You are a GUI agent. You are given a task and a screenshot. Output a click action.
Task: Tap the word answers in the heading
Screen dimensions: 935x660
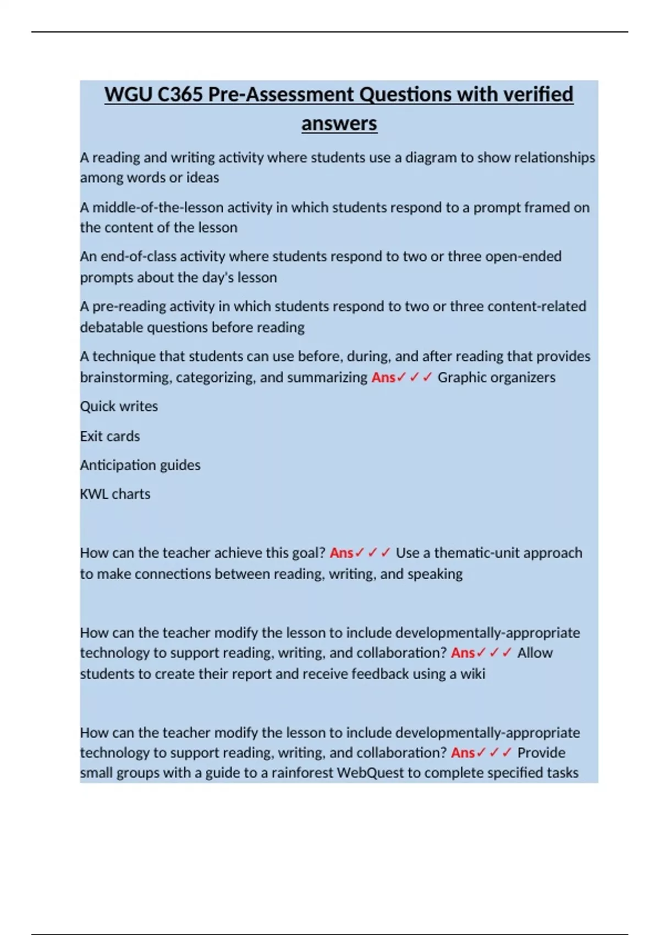click(339, 123)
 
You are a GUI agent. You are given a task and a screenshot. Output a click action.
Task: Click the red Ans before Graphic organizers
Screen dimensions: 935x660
click(383, 377)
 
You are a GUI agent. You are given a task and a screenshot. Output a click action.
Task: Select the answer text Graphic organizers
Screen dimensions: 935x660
click(496, 377)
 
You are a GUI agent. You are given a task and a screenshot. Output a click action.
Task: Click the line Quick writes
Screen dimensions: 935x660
click(119, 406)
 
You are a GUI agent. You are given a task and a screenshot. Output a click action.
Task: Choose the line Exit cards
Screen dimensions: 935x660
click(110, 436)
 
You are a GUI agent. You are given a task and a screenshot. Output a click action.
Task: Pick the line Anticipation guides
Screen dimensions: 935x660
click(140, 465)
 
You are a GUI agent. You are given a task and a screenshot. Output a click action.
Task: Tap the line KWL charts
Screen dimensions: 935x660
click(115, 494)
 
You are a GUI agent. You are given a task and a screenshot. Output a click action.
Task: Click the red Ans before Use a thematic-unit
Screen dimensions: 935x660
click(342, 553)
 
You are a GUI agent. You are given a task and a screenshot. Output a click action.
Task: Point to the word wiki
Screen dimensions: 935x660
click(472, 674)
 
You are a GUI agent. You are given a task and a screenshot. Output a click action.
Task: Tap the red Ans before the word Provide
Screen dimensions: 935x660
click(463, 752)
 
